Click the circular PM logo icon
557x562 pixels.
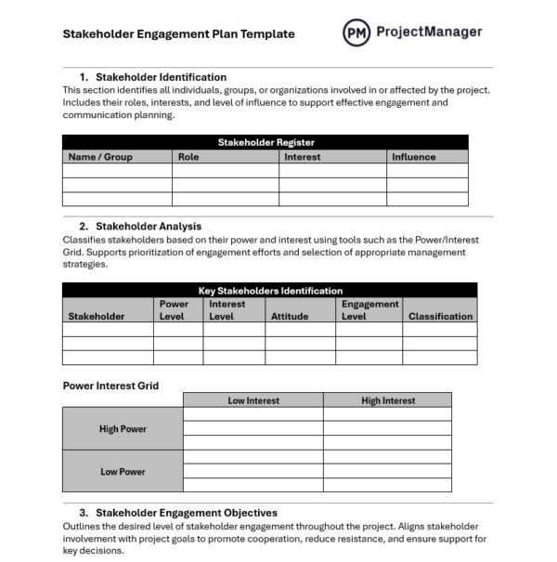[356, 33]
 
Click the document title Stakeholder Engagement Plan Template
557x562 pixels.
[178, 34]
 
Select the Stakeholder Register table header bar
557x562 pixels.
[266, 142]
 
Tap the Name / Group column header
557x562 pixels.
[100, 157]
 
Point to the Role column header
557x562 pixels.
[188, 157]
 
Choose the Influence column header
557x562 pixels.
[413, 157]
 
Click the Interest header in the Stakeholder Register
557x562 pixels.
[302, 157]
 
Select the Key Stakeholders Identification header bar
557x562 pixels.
[270, 291]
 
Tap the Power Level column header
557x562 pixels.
[174, 309]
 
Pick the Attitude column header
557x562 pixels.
[290, 316]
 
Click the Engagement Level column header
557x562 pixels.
[369, 309]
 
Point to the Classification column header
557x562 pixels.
[440, 316]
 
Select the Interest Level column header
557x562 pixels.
[227, 309]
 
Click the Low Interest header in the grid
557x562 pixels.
[253, 400]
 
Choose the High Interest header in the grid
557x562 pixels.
[388, 400]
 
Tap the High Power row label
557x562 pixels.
[123, 429]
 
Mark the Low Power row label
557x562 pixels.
[123, 472]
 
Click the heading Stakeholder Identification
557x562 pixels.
[161, 77]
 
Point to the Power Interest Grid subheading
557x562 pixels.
[110, 386]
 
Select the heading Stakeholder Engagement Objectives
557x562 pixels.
[186, 513]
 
